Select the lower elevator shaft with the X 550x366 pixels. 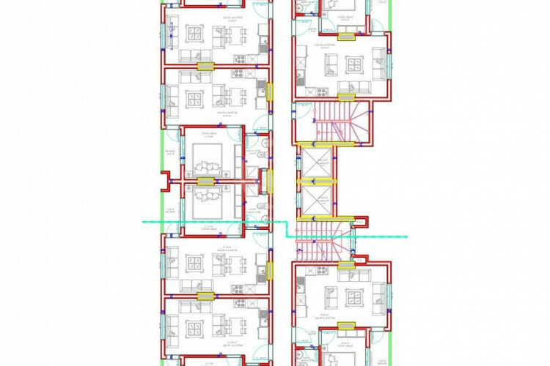315,199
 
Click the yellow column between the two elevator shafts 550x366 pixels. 315,180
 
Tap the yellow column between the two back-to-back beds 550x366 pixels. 206,180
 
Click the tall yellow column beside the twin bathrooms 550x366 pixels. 269,180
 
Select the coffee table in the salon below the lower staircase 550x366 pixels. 354,297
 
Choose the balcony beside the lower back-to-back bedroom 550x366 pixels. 169,212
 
